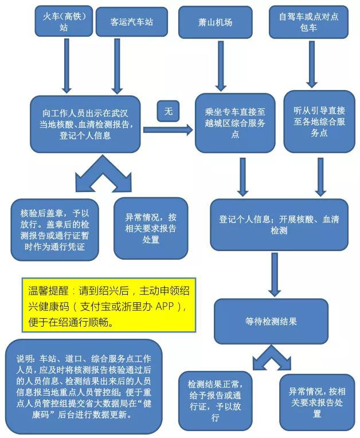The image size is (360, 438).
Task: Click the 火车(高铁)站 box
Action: [64, 21]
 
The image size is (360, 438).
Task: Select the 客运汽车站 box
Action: [132, 22]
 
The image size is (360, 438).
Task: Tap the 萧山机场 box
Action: [216, 22]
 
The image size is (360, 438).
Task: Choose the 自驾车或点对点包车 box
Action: [308, 22]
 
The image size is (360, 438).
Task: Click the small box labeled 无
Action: [168, 111]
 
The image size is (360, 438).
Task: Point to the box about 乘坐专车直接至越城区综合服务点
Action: [235, 123]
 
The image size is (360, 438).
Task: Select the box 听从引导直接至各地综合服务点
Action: [319, 122]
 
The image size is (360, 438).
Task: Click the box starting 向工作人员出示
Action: [85, 124]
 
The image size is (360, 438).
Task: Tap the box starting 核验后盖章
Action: [54, 230]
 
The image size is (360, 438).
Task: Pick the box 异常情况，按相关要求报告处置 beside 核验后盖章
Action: [151, 228]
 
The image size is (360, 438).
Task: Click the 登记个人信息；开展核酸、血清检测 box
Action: [279, 225]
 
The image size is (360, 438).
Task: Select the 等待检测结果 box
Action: [271, 321]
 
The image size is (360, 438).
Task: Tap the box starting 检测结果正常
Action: [215, 401]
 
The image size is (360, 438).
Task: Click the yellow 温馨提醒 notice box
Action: [109, 305]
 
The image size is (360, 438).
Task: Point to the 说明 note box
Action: [84, 386]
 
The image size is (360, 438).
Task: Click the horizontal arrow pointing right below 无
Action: [168, 130]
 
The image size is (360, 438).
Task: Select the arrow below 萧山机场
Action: [221, 66]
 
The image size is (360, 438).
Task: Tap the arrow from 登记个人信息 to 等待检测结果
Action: [275, 274]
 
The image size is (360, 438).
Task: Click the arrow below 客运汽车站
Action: [118, 66]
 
